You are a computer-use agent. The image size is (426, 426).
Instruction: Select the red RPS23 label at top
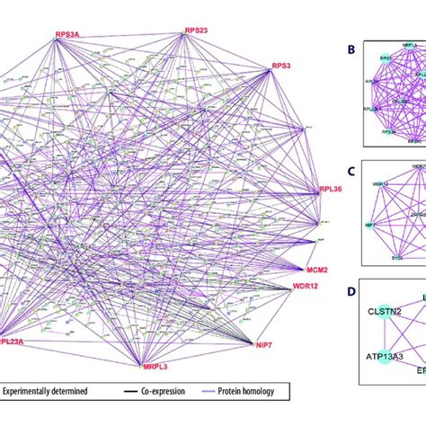coord(196,30)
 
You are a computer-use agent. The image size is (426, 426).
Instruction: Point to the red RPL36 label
coord(331,190)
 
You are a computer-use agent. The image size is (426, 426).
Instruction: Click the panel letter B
coord(350,52)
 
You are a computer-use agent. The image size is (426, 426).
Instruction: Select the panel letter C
coord(350,171)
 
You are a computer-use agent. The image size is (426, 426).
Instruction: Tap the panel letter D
coord(350,290)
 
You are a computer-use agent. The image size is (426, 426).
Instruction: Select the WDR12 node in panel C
coord(381,184)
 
